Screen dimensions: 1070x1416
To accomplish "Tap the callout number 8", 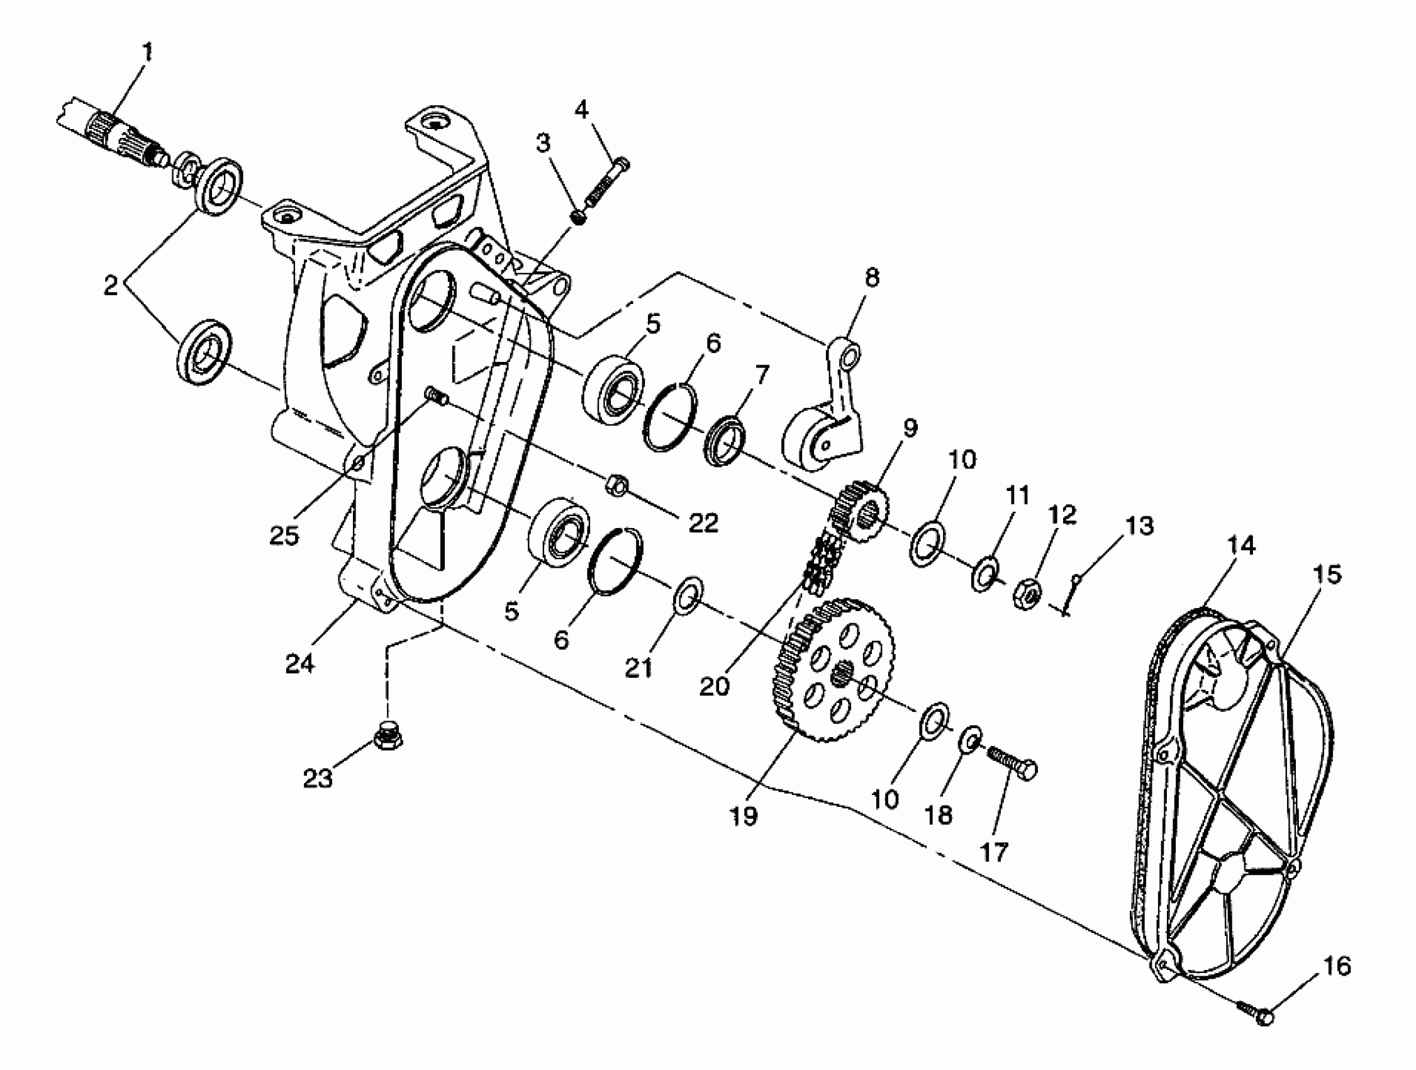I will click(x=872, y=278).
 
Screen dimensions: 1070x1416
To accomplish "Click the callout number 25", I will click(x=284, y=536).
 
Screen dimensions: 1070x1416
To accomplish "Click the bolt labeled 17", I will click(x=1012, y=765).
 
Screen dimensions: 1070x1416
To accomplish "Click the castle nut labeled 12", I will click(x=1027, y=594).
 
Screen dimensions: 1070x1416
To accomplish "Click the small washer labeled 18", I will click(x=969, y=740).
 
